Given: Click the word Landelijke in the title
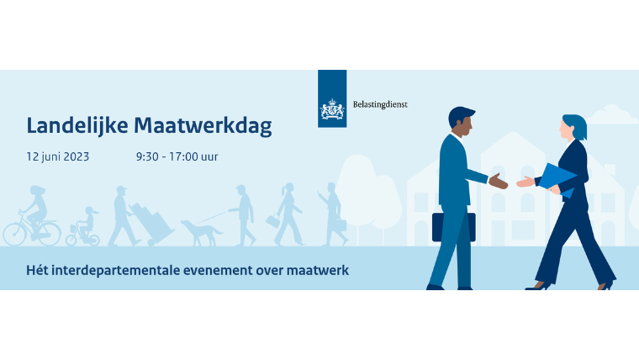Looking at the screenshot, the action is pos(77,125).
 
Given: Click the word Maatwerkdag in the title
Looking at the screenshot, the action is pos(203,125).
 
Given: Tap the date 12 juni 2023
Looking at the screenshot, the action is pos(57,156).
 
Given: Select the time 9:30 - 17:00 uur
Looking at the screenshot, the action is pos(177,156).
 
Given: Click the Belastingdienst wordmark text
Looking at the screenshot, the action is pos(380,104).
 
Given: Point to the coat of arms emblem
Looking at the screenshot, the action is pos(332,109).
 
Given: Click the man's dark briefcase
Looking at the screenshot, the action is pos(453,226).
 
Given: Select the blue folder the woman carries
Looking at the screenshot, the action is pos(557,179).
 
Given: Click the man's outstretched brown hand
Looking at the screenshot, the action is pos(498,181).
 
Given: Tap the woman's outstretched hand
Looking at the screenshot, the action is pos(525,182).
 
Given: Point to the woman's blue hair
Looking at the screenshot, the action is pos(576,125).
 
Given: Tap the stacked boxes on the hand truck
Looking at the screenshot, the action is pos(152,222).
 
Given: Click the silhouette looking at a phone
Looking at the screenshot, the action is pos(333,214).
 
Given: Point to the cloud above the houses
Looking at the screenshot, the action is pos(611,114).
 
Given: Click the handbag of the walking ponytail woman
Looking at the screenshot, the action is pos(272,221).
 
